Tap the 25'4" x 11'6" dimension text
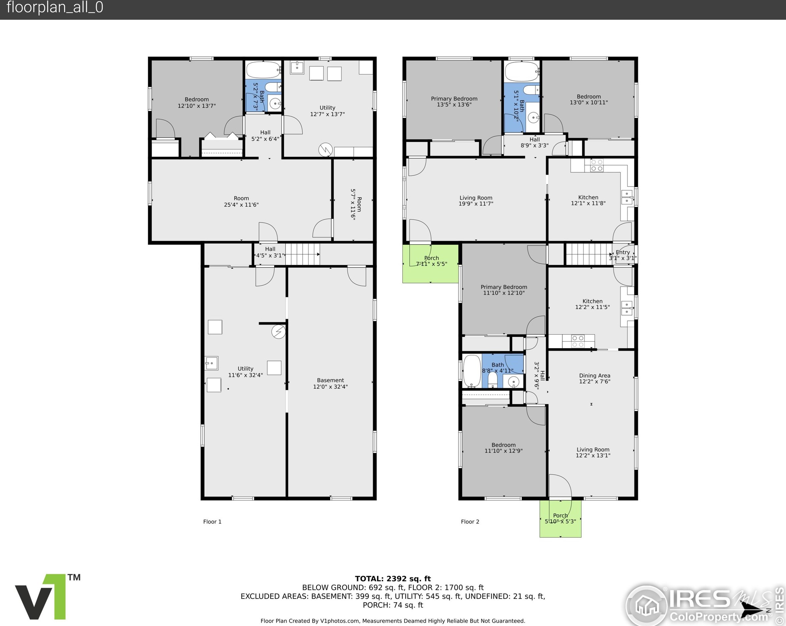pos(241,205)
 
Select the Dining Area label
pos(595,375)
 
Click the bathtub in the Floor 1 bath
pos(263,70)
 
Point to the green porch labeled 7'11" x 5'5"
pos(430,263)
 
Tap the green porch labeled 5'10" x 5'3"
pos(560,518)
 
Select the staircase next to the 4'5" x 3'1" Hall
pos(302,254)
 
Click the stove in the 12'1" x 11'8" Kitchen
pos(597,166)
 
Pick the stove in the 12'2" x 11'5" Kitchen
pos(578,341)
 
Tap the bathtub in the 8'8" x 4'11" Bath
pos(472,371)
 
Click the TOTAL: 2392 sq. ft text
pos(393,579)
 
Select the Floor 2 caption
pos(470,521)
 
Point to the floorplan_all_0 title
pos(55,7)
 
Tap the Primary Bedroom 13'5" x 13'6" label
pos(454,101)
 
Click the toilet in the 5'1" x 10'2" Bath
pos(531,89)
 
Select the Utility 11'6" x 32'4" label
pos(245,372)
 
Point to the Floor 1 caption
pos(212,521)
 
